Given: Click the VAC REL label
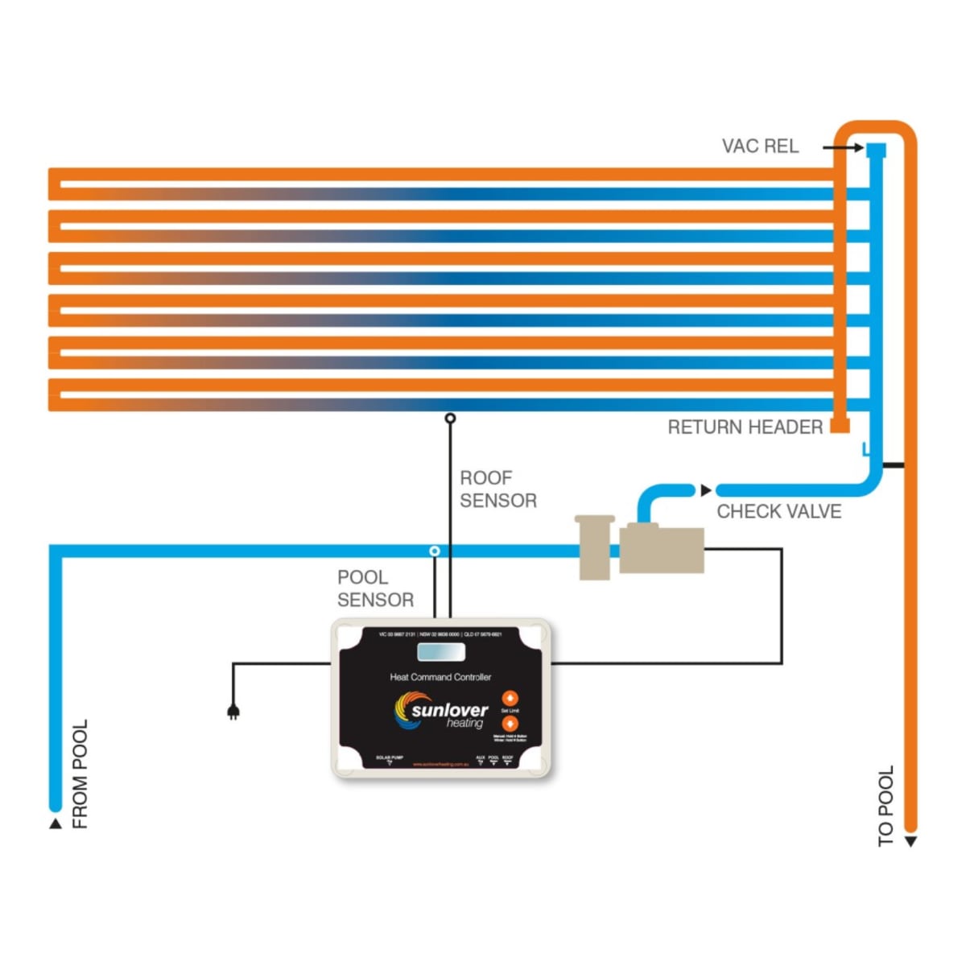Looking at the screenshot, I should tap(760, 147).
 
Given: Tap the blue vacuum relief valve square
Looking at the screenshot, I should tap(876, 150).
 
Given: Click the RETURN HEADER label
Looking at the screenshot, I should tap(745, 427).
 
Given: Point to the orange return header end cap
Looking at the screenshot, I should tap(840, 425).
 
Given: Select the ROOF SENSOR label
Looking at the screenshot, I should tap(497, 489).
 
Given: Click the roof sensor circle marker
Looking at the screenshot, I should tap(450, 418).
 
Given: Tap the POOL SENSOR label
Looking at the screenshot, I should tap(375, 588).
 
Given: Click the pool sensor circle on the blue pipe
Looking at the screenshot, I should tap(435, 551).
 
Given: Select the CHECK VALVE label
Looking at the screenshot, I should tap(778, 512).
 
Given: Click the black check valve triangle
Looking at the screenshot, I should tap(706, 490).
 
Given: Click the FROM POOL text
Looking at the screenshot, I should tap(80, 774).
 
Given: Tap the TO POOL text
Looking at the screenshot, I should tap(885, 806).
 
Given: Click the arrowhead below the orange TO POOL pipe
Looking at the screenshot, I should tap(910, 842).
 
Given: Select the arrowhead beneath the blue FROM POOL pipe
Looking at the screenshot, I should tap(56, 824).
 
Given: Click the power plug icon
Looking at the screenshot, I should tap(233, 712).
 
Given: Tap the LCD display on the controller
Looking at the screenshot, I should tap(441, 652).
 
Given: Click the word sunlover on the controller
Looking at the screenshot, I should tap(450, 710).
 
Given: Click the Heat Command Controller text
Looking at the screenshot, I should tap(440, 677).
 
